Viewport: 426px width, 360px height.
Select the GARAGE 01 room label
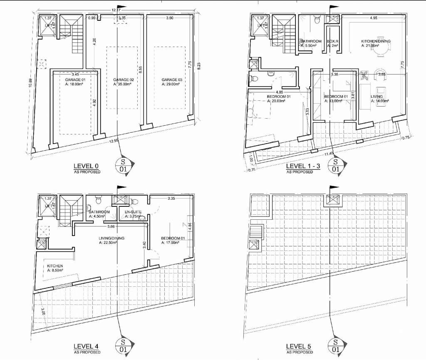(x=75, y=79)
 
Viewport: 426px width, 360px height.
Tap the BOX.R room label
(x=332, y=41)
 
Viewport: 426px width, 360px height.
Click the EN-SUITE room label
(x=134, y=212)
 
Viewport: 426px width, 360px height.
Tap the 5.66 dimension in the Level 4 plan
(x=111, y=227)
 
